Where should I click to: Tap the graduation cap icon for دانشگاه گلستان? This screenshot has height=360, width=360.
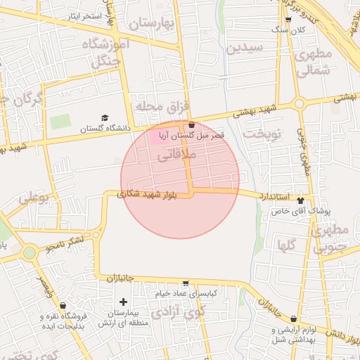coord(105,117)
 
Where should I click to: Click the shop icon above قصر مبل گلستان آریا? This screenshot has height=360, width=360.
coord(191,124)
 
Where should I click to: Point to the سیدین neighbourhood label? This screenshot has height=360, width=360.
coord(245,49)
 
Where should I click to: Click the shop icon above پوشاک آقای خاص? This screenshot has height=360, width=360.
coord(301,200)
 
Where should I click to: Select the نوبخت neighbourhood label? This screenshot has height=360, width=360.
coord(262,133)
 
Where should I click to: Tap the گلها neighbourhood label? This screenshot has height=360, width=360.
coord(286,245)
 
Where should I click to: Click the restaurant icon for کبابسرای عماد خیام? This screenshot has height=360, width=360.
coord(185,283)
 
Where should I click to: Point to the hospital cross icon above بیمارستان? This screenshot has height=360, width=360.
coord(124,302)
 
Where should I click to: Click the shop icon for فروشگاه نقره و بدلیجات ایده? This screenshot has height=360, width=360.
coord(63,306)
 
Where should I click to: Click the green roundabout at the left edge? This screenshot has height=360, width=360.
coord(29,252)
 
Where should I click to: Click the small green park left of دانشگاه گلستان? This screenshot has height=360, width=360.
coord(60,121)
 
